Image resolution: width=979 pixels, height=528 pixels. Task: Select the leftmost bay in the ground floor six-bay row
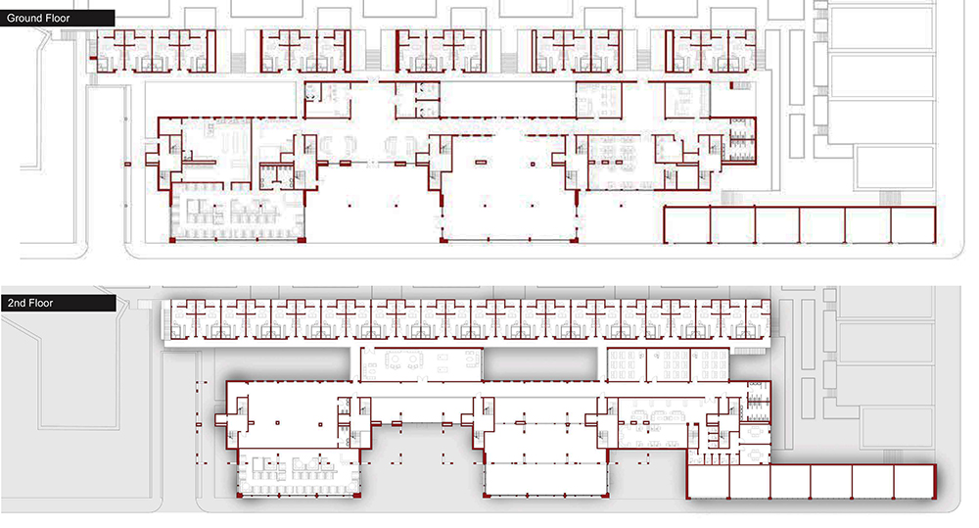click(x=686, y=224)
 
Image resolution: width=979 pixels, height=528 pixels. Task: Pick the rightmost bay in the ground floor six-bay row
click(x=914, y=224)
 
